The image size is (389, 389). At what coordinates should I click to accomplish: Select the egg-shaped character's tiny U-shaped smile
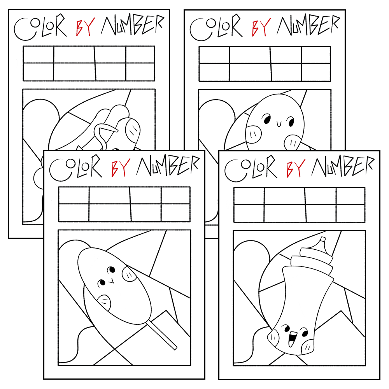tap(279, 123)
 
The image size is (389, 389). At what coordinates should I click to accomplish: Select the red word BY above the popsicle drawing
tap(121, 168)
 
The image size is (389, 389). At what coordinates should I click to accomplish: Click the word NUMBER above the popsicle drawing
tap(168, 165)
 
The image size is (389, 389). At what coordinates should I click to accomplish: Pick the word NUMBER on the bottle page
tap(342, 166)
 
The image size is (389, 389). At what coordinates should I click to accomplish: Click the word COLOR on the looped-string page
tap(40, 28)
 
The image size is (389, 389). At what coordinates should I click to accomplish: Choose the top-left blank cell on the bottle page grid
tap(249, 196)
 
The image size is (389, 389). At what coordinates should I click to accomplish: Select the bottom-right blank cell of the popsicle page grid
tap(176, 213)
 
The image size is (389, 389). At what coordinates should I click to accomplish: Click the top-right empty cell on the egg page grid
tap(316, 55)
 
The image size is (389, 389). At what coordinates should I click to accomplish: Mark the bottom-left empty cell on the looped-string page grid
tap(39, 72)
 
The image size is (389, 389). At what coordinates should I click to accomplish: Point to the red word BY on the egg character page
tap(261, 27)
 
